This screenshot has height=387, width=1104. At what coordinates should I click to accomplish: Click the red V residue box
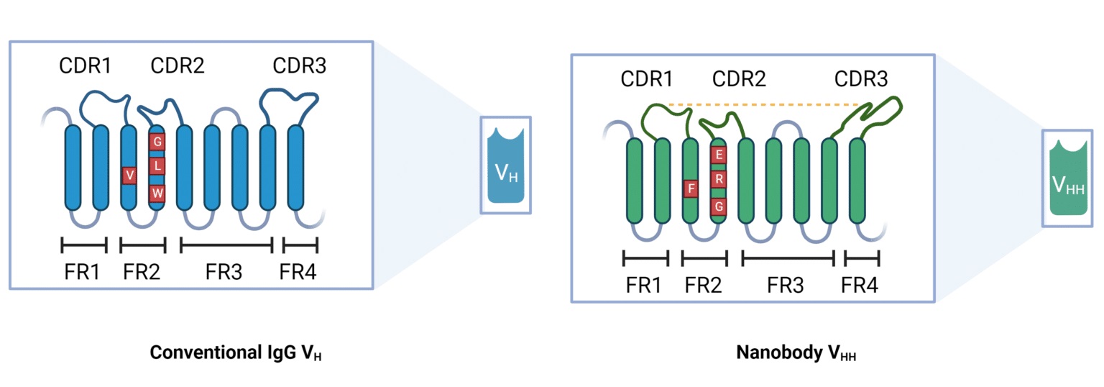(129, 175)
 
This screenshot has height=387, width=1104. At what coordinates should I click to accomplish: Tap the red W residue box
(158, 193)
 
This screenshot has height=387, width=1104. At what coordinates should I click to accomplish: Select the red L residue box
(158, 166)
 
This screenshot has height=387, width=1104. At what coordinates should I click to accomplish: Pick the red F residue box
(691, 189)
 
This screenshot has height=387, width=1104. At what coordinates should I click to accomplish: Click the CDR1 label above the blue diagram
(85, 66)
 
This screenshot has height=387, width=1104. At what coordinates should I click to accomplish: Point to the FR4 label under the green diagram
(860, 286)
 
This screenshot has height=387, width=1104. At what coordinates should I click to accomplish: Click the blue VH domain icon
(505, 165)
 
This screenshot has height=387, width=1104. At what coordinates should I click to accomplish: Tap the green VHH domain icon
(1068, 178)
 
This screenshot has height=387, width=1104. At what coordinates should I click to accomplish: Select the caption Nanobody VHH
(796, 353)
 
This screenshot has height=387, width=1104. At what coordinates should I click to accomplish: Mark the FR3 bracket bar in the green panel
(788, 257)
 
